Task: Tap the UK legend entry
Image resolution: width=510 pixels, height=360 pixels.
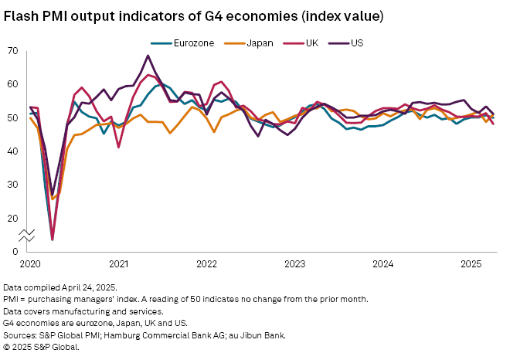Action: (x=311, y=43)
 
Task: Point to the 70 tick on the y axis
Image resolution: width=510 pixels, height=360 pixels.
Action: (x=12, y=51)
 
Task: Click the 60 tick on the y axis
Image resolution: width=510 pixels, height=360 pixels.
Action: (x=12, y=84)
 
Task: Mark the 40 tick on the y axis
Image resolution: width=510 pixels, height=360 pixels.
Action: (x=12, y=151)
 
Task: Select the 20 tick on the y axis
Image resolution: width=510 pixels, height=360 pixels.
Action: (x=12, y=219)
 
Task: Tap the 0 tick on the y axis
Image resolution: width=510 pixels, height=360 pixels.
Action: (x=15, y=252)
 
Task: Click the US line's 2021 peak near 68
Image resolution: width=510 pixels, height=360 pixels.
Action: (x=148, y=56)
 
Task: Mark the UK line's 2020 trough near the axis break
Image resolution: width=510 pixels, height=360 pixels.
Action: (x=53, y=239)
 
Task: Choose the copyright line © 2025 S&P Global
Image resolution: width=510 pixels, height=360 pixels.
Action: (x=42, y=346)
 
